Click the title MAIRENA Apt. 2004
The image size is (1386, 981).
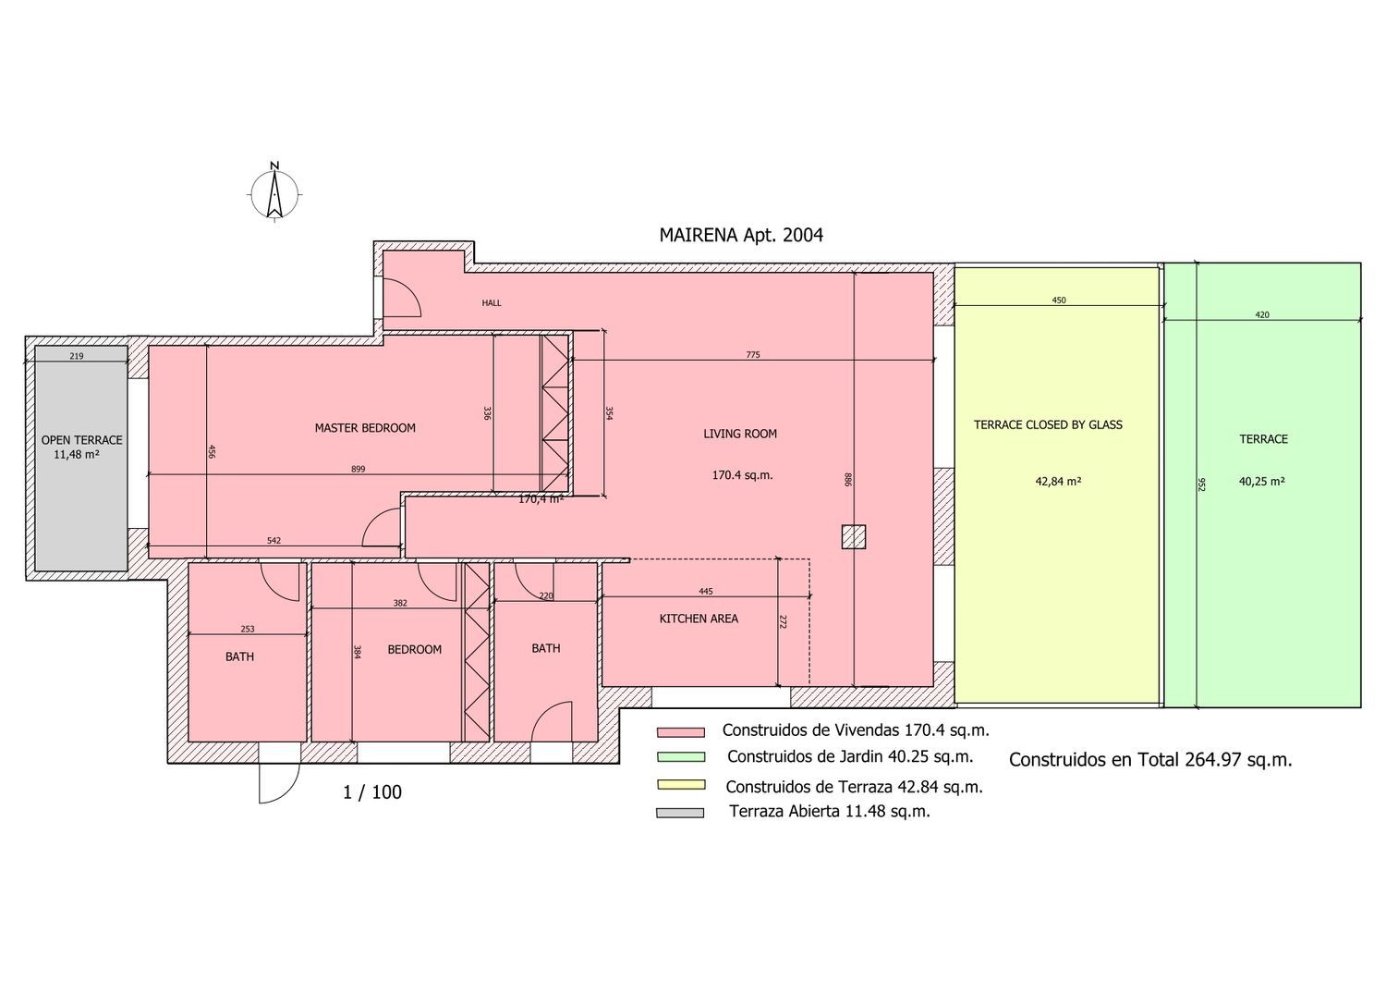741,236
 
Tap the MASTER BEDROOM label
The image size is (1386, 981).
365,428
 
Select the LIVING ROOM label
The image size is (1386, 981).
740,435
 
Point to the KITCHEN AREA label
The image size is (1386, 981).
699,619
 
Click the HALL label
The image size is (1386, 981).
492,303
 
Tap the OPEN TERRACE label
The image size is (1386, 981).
81,440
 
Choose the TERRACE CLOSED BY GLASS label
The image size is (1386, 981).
1048,424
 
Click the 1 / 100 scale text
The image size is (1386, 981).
372,792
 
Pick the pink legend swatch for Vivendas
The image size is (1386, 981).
681,732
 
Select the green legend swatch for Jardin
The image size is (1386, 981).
681,757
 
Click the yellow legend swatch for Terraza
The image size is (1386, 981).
681,785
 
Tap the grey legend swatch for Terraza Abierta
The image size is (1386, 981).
680,813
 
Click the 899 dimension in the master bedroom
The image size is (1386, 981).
359,470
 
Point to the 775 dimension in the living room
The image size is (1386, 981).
753,355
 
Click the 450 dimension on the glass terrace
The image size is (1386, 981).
1059,300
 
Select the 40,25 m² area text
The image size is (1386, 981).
1261,481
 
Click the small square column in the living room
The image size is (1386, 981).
854,537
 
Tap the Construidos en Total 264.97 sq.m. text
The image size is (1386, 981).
1150,760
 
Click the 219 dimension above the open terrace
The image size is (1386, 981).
76,356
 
